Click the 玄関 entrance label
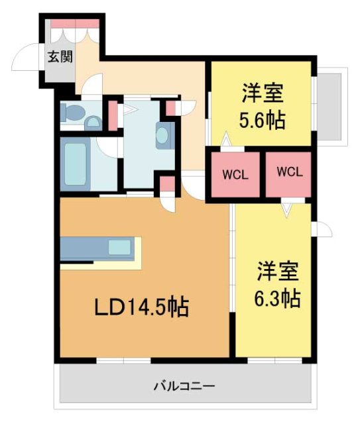point(59,56)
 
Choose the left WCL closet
point(235,175)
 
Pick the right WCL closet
point(289,172)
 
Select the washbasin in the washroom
point(162,136)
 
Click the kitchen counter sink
point(120,248)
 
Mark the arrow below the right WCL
point(286,209)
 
